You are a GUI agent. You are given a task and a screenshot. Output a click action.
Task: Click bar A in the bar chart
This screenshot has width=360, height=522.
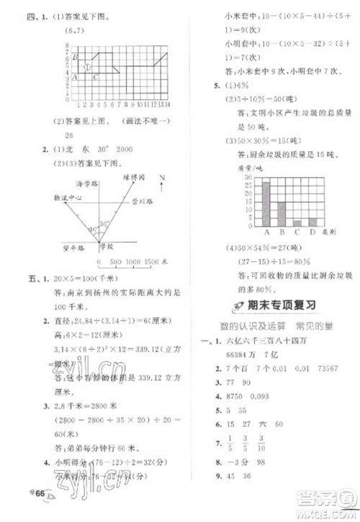(x=266, y=204)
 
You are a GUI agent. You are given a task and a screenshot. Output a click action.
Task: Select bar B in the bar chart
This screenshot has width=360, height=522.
(x=282, y=214)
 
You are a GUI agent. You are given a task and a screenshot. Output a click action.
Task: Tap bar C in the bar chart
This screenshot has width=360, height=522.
(x=297, y=222)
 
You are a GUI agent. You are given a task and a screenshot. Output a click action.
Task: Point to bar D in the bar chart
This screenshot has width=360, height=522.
(x=312, y=222)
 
